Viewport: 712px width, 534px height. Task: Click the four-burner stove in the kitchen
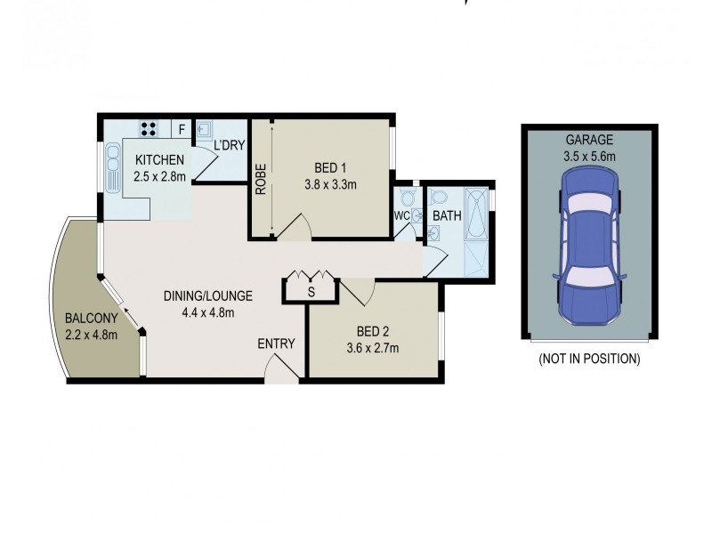click(149, 127)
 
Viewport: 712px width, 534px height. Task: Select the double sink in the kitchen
click(113, 168)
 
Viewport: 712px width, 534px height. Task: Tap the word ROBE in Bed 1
click(262, 179)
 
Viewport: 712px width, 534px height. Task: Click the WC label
click(401, 215)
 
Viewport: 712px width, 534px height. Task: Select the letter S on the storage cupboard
click(311, 291)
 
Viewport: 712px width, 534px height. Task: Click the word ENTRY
click(276, 344)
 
